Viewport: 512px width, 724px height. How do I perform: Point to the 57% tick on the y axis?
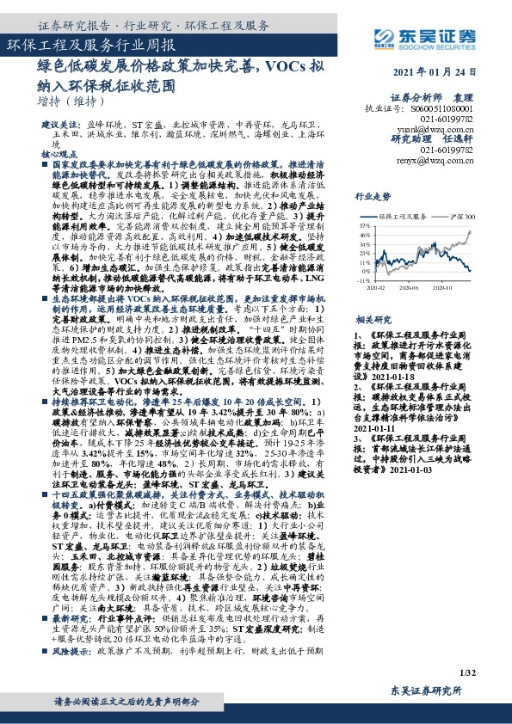click(x=364, y=225)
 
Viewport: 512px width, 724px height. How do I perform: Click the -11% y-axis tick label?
click(x=363, y=280)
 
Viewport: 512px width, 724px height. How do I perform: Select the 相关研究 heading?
click(x=372, y=317)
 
